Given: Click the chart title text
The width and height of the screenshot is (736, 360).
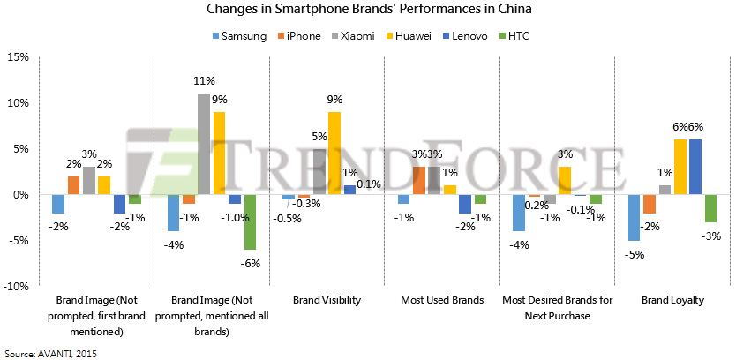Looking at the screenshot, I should coord(367,11).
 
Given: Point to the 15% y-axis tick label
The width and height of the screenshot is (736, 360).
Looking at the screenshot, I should coord(18,56).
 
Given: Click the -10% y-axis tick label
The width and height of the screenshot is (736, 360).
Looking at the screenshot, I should coord(16,286).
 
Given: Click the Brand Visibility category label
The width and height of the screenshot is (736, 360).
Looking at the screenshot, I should coord(327,300).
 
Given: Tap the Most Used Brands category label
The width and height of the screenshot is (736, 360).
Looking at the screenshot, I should coord(442,300).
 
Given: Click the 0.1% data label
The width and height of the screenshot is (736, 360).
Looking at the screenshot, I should coord(369,184).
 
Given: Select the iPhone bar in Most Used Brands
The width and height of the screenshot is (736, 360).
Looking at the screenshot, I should coord(419,180).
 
